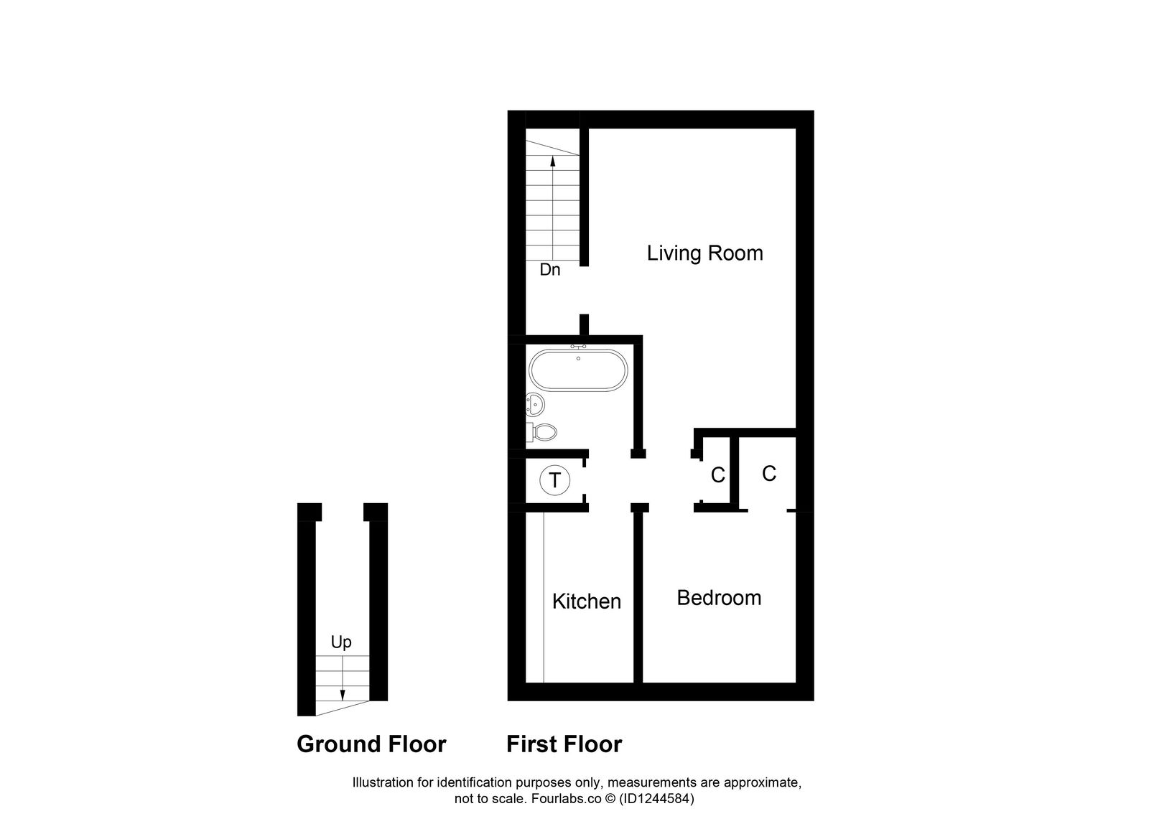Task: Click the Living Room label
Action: click(x=704, y=253)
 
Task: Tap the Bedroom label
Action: click(x=719, y=598)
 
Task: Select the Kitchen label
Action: click(x=586, y=601)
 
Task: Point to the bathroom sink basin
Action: click(x=535, y=405)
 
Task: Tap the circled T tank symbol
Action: click(x=554, y=479)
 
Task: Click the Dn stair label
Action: click(x=549, y=271)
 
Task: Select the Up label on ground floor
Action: click(x=341, y=642)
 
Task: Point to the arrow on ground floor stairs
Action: click(x=343, y=682)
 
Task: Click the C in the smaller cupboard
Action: click(x=717, y=475)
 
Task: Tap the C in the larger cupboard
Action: click(x=768, y=474)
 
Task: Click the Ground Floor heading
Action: click(x=371, y=744)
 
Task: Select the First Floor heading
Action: click(x=564, y=744)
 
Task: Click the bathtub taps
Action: click(x=578, y=347)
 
